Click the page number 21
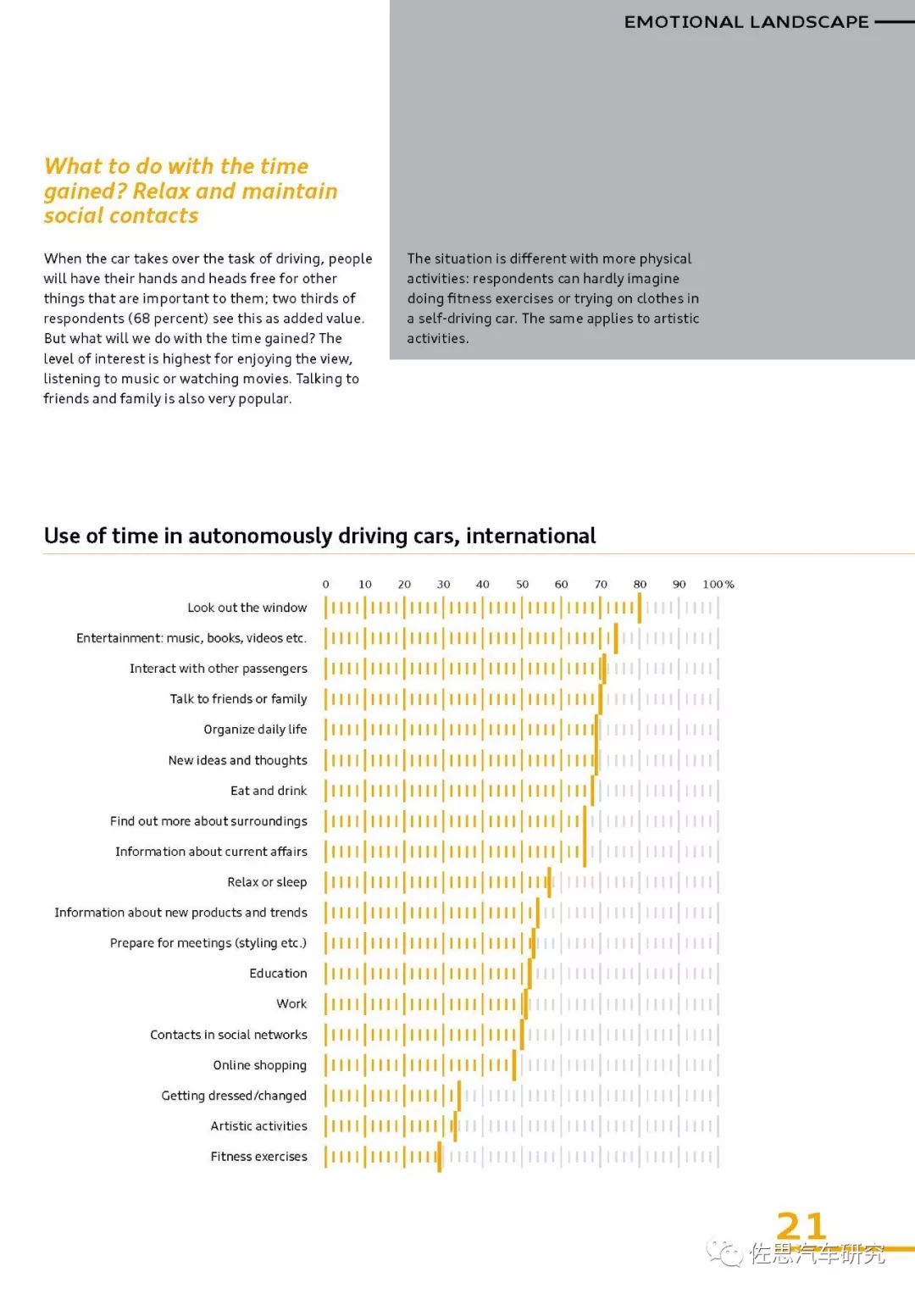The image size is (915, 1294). [x=801, y=1225]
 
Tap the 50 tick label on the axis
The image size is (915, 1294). [x=522, y=584]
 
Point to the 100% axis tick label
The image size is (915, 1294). [x=718, y=584]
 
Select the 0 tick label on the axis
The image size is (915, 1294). [x=326, y=584]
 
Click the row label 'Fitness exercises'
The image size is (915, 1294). [x=258, y=1157]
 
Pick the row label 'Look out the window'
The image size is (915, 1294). [x=247, y=608]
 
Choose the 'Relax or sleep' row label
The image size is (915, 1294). [x=267, y=882]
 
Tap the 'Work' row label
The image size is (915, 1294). [x=291, y=1004]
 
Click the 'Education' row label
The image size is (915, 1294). [x=279, y=974]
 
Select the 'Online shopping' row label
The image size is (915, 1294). [x=260, y=1065]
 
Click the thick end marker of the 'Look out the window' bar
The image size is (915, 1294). [x=640, y=608]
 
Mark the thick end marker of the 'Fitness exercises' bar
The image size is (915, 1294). [x=440, y=1157]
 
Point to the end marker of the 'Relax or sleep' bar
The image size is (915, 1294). [x=549, y=882]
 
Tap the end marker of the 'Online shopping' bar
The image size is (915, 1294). [x=514, y=1065]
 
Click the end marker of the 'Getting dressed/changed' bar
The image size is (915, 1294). [x=459, y=1096]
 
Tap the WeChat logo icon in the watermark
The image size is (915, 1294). [x=724, y=1253]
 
